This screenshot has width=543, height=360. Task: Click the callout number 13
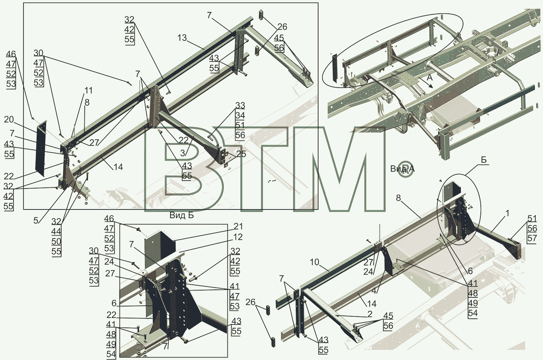(x=182, y=38)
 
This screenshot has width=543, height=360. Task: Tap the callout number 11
(x=88, y=90)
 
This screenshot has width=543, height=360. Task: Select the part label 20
(x=9, y=119)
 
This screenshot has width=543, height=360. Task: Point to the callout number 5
(x=36, y=220)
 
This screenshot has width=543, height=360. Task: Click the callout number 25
(x=241, y=154)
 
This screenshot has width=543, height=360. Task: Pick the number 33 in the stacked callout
(x=240, y=105)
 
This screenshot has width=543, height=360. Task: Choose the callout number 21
(x=238, y=226)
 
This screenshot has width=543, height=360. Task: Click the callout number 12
(x=237, y=237)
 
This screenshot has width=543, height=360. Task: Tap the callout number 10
(x=315, y=262)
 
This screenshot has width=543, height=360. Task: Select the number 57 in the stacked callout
(x=532, y=238)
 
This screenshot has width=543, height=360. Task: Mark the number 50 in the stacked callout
(x=56, y=242)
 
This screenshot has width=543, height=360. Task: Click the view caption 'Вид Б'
(x=182, y=215)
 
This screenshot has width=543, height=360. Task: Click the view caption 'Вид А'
(x=403, y=169)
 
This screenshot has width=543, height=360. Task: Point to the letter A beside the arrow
(x=430, y=77)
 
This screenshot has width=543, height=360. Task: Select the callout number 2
(x=370, y=314)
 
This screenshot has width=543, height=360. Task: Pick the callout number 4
(x=374, y=291)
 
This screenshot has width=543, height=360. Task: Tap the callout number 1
(x=507, y=213)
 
